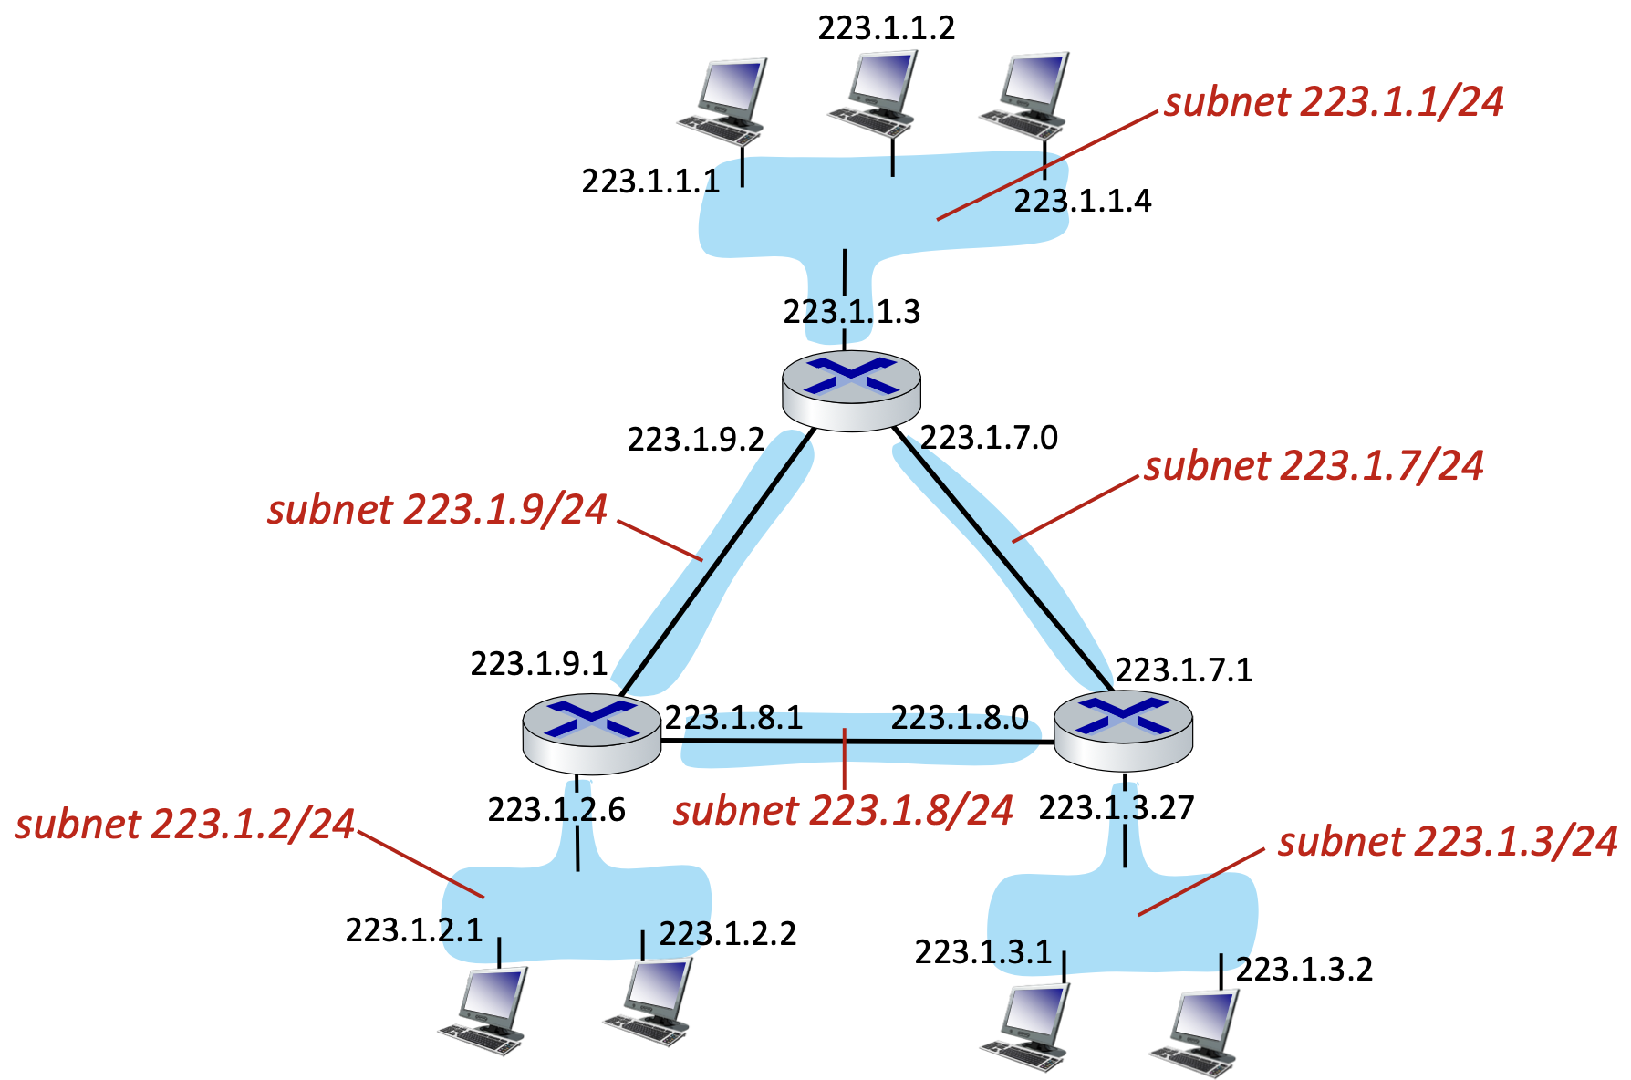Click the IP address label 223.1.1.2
(886, 28)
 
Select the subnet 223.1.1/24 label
(1334, 101)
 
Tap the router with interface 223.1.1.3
(851, 389)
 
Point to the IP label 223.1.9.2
(695, 440)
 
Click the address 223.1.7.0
(989, 438)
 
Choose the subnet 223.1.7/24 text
(1314, 465)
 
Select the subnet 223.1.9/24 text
(437, 509)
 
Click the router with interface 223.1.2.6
(591, 732)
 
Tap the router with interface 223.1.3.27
(1123, 731)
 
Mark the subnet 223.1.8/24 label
(843, 810)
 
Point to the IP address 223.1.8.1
(733, 718)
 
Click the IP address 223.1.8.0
(960, 718)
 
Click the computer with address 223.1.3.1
(1027, 1025)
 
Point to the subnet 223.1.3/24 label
(1447, 842)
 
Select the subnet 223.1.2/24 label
(184, 824)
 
